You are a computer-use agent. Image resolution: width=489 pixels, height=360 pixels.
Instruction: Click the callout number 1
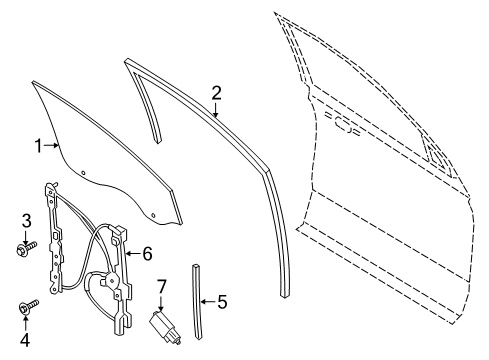(x=39, y=147)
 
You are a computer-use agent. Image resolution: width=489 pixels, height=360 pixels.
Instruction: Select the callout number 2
(x=215, y=94)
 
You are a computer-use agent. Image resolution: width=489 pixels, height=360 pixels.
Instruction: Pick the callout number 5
(x=223, y=299)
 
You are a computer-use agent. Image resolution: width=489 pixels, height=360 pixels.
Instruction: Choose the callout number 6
(x=147, y=254)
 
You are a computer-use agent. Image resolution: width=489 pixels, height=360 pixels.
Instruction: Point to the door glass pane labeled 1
(x=110, y=150)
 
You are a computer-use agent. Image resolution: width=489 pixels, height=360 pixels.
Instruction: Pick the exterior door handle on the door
(x=347, y=127)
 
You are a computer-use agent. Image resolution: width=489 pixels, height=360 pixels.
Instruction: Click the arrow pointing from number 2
(x=215, y=110)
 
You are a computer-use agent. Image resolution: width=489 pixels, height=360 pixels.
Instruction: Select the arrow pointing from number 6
(x=133, y=254)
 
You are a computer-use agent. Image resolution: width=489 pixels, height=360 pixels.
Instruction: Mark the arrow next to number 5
(x=208, y=299)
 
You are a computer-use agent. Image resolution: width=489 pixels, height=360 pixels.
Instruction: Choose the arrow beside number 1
(x=54, y=147)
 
